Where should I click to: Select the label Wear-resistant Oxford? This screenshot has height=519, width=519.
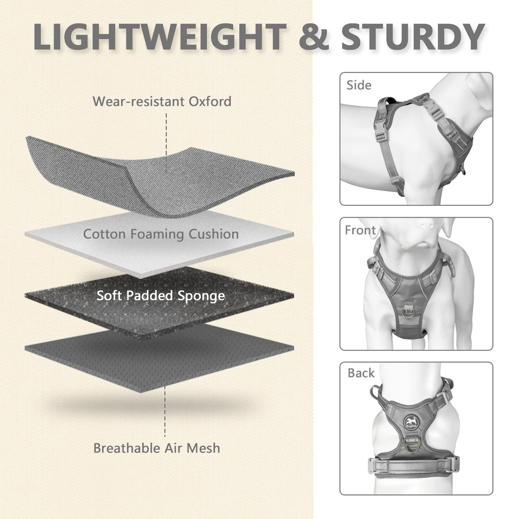pyautogui.click(x=162, y=102)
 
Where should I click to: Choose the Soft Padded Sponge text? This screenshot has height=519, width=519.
pyautogui.click(x=161, y=296)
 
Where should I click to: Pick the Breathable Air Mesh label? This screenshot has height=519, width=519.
pyautogui.click(x=157, y=448)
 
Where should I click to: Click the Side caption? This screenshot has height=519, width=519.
pyautogui.click(x=359, y=85)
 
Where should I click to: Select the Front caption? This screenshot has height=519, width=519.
pyautogui.click(x=360, y=230)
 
